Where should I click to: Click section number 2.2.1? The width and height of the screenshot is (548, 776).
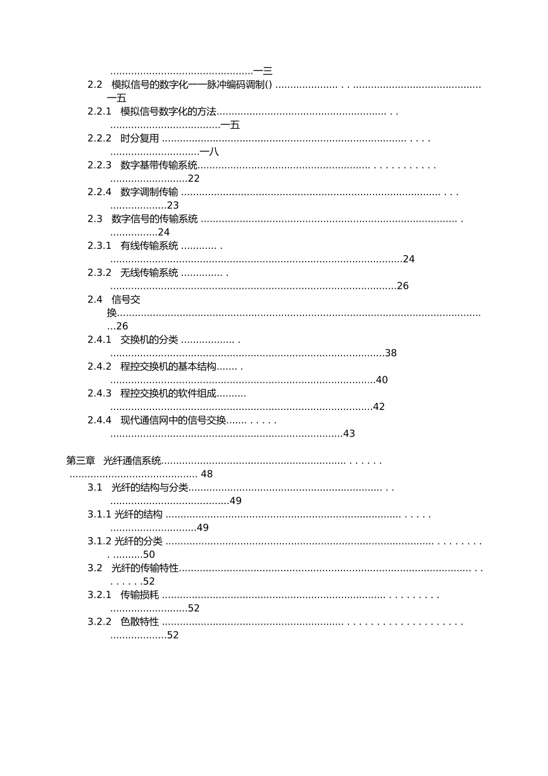pyautogui.click(x=99, y=111)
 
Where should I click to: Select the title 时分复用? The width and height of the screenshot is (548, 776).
pyautogui.click(x=140, y=139)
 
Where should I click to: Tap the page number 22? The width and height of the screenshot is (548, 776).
pyautogui.click(x=194, y=179)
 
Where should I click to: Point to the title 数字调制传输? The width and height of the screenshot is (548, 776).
pyautogui.click(x=149, y=192)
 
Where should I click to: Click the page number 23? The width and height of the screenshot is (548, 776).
pyautogui.click(x=173, y=206)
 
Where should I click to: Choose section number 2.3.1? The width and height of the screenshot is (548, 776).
pyautogui.click(x=99, y=246)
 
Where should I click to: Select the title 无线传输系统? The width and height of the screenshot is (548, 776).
pyautogui.click(x=149, y=273)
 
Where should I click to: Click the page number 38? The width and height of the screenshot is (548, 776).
pyautogui.click(x=391, y=353)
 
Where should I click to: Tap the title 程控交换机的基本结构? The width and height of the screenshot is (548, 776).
pyautogui.click(x=168, y=367)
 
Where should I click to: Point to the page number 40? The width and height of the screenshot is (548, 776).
pyautogui.click(x=382, y=380)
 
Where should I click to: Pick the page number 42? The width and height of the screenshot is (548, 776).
pyautogui.click(x=379, y=407)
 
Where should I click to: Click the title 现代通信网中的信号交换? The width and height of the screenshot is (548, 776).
pyautogui.click(x=173, y=420)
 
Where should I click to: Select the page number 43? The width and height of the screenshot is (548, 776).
pyautogui.click(x=349, y=434)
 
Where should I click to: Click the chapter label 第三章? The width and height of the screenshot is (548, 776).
pyautogui.click(x=81, y=461)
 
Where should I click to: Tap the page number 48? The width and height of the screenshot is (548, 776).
pyautogui.click(x=207, y=474)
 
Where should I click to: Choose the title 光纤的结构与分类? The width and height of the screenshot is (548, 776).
pyautogui.click(x=150, y=488)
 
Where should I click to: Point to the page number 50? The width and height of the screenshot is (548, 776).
pyautogui.click(x=149, y=555)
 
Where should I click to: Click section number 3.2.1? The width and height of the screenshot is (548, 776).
pyautogui.click(x=99, y=595)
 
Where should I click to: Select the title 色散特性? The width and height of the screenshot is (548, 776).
pyautogui.click(x=140, y=622)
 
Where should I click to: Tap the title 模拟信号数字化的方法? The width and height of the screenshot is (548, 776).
pyautogui.click(x=168, y=111)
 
